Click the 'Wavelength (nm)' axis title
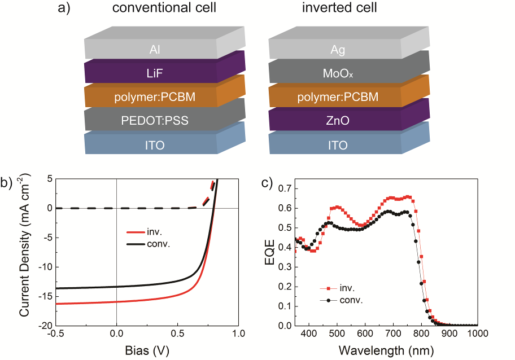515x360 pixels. (387, 350)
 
